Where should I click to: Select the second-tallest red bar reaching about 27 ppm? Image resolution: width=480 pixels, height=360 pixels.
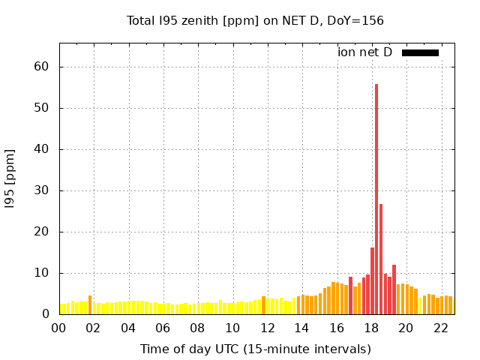[x=381, y=259]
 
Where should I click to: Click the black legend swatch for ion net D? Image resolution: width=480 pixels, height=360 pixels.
[x=420, y=52]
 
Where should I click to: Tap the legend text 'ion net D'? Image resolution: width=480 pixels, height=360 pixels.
[x=364, y=52]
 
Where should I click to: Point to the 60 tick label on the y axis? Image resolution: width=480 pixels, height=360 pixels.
[x=41, y=67]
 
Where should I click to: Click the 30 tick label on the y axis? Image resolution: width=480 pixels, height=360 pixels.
[x=41, y=190]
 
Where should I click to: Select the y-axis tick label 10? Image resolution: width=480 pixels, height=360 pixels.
[x=41, y=273]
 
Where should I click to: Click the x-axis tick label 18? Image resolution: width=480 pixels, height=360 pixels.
[x=370, y=328]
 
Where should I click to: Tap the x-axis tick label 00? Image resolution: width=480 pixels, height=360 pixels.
[x=59, y=328]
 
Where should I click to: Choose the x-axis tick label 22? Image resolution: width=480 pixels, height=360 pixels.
[x=440, y=328]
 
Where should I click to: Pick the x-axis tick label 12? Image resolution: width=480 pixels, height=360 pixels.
[x=267, y=328]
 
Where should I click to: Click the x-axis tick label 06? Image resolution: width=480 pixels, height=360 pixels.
[x=163, y=328]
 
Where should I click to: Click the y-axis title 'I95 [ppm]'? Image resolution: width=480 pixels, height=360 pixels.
[x=10, y=178]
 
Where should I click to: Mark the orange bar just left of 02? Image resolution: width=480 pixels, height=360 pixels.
[x=90, y=305]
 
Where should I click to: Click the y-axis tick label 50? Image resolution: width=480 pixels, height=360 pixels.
[x=41, y=108]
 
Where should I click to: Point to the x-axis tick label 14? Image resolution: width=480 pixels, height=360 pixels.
[x=301, y=328]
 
